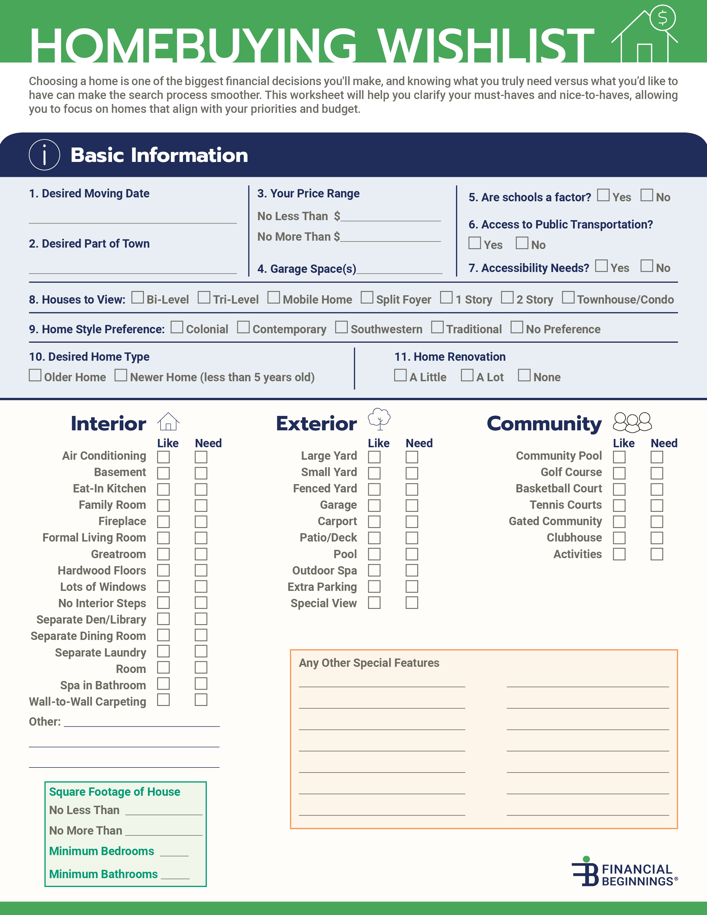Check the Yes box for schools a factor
pos(603,195)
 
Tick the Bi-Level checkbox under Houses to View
pos(137,298)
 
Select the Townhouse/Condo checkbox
pos(568,298)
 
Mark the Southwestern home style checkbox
pos(341,327)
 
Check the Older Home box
pos(35,375)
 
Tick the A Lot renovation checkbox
pos(467,375)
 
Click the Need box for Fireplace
pos(201,522)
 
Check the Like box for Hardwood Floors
pos(163,571)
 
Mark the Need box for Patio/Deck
pos(412,538)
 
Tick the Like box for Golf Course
pos(619,473)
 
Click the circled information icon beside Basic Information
pos(44,155)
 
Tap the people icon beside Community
pos(632,422)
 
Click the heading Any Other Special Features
pos(369,663)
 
